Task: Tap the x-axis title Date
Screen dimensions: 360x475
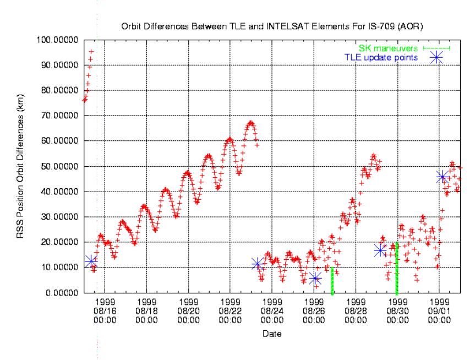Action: click(272, 334)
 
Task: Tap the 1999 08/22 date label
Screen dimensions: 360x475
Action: click(231, 310)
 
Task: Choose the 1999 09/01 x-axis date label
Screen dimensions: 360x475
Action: click(439, 310)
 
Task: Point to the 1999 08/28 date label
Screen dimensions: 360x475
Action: click(356, 310)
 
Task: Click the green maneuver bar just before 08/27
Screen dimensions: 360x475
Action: click(332, 281)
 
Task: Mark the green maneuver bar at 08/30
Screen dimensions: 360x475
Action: click(397, 261)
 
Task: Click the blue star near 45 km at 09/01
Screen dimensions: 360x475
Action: click(442, 177)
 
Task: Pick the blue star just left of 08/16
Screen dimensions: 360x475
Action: click(91, 261)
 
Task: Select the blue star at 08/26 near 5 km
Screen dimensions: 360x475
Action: click(315, 279)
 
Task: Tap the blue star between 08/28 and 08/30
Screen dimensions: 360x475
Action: click(379, 250)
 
